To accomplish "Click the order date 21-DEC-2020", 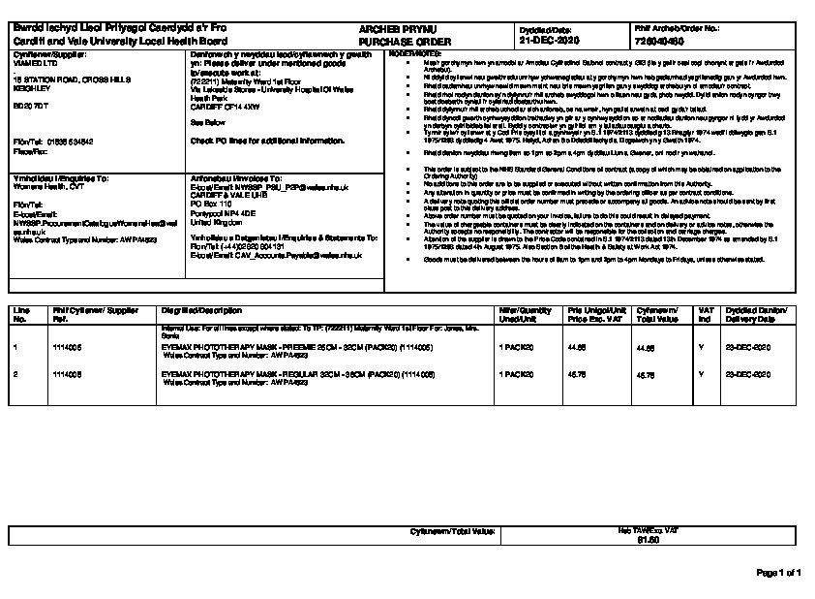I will click(x=549, y=43).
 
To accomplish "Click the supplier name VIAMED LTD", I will click(x=32, y=63).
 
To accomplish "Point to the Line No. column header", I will click(x=20, y=312).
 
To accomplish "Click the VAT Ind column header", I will click(x=704, y=312).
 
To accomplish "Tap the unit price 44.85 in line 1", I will click(x=577, y=345).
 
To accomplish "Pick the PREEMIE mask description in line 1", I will click(x=280, y=345).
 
